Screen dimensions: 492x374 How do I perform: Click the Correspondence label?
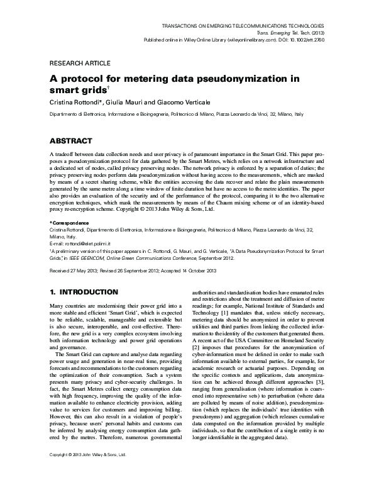pyautogui.click(x=70, y=223)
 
